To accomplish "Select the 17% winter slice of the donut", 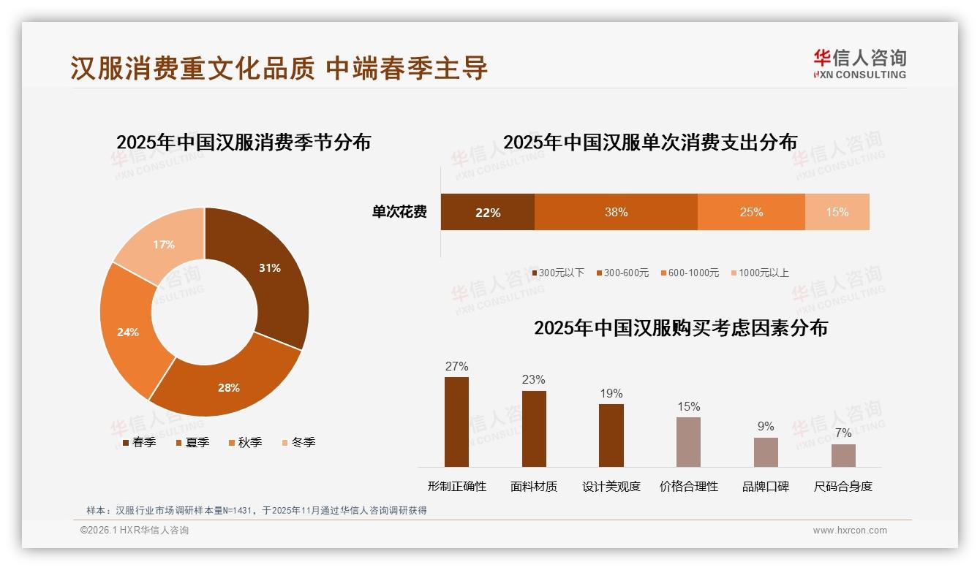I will point(163,245).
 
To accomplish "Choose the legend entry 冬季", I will point(298,442).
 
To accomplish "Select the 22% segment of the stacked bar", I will point(487,213).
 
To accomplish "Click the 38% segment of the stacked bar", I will point(616,213).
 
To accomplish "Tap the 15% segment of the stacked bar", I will point(837,213).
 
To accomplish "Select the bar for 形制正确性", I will point(456,422).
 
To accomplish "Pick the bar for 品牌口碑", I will point(766,452).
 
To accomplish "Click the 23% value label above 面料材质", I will point(534,380).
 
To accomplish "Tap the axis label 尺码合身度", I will point(843,487).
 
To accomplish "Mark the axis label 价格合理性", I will point(689,487).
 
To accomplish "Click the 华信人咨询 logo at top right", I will point(859,64).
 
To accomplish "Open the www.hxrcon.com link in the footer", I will point(850,531).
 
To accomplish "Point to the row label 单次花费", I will point(399,213).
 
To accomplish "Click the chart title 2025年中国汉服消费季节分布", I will point(244,142).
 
